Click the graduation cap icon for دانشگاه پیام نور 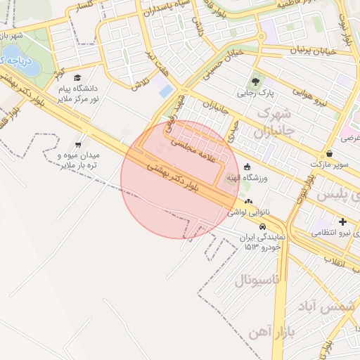pyautogui.click(x=77, y=77)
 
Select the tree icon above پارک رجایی pyautogui.click(x=255, y=77)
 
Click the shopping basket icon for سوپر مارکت pyautogui.click(x=329, y=153)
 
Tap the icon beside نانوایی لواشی pyautogui.click(x=247, y=200)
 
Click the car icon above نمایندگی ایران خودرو pyautogui.click(x=262, y=227)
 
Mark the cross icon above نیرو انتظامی pyautogui.click(x=342, y=221)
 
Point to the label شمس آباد pyautogui.click(x=328, y=308)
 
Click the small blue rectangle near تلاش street pyautogui.click(x=166, y=91)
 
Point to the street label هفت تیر pyautogui.click(x=149, y=61)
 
